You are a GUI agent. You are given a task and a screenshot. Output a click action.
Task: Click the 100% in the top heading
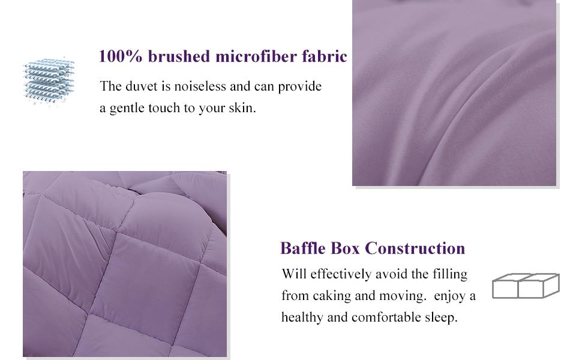pyautogui.click(x=120, y=57)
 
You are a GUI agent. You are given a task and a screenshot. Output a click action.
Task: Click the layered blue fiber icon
pyautogui.click(x=49, y=81)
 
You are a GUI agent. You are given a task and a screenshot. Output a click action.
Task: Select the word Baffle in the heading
pyautogui.click(x=301, y=248)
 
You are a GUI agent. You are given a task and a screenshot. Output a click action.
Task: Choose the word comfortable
pyautogui.click(x=385, y=318)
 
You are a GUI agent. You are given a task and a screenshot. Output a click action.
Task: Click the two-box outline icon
pyautogui.click(x=526, y=286)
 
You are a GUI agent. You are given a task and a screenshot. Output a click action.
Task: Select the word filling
pyautogui.click(x=449, y=275)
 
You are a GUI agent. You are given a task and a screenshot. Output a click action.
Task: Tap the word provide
pyautogui.click(x=300, y=86)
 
